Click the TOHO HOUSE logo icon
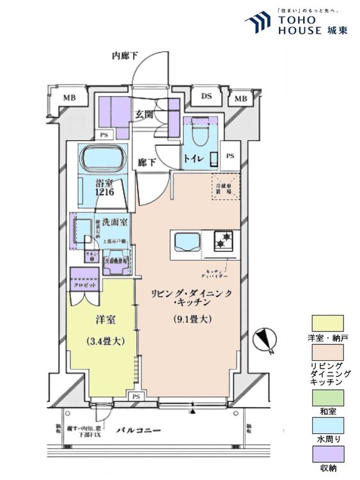[x=258, y=22]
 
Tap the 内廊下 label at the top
[x=125, y=56]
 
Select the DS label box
[x=207, y=97]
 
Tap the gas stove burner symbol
[x=224, y=242]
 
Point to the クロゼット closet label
[x=84, y=285]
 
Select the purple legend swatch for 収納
[x=327, y=454]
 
